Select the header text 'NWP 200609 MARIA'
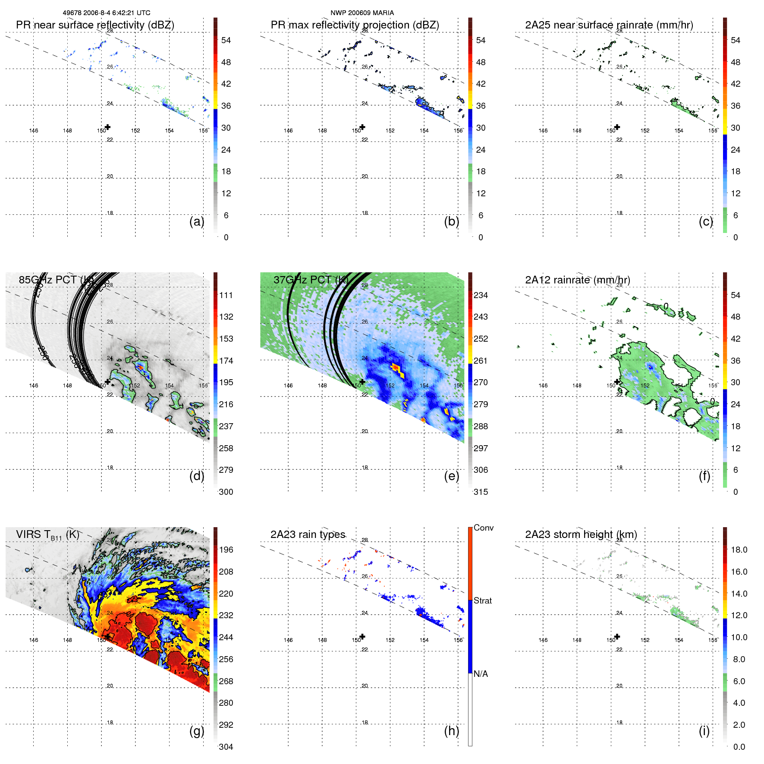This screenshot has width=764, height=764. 362,13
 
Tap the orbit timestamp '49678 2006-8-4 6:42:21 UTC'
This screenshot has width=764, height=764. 107,13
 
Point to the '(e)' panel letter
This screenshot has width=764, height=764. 451,476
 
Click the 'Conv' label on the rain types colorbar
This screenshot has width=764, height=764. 483,528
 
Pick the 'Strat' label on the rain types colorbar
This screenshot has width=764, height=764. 482,601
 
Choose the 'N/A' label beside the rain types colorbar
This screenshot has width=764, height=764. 481,674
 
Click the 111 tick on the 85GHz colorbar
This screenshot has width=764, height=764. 226,295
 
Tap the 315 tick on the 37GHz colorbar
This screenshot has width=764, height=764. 481,492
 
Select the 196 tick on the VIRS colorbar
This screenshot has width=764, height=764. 226,550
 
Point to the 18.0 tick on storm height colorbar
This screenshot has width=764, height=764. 739,550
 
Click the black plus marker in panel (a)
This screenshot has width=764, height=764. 107,127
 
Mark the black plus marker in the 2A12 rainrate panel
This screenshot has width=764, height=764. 617,382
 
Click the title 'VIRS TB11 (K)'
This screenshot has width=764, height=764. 47,534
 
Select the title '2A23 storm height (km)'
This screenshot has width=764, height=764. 581,534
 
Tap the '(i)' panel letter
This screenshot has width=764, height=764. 704,731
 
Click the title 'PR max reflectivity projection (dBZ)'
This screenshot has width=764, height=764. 355,25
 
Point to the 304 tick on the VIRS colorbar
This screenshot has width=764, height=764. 226,747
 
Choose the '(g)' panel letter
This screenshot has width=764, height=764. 197,731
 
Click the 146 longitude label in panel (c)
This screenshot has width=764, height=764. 543,131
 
